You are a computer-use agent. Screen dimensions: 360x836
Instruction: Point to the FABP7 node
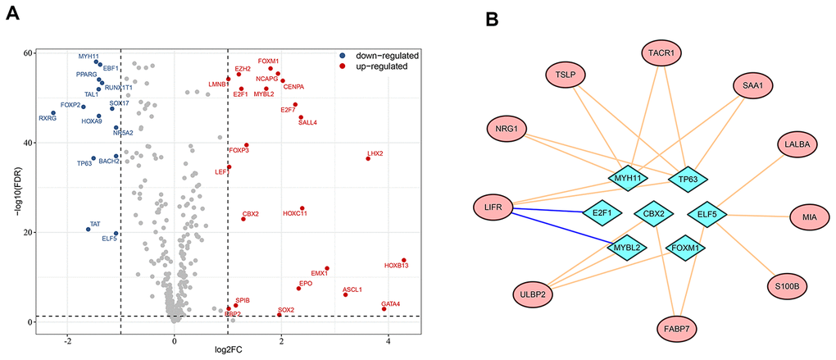click(x=677, y=330)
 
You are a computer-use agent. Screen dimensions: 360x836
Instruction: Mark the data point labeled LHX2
click(x=368, y=158)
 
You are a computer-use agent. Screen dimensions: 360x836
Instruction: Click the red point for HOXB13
click(x=404, y=260)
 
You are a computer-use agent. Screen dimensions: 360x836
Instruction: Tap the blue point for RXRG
click(x=53, y=113)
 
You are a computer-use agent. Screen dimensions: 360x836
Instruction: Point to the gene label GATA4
click(x=391, y=304)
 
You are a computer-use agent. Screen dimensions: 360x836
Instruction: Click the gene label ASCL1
click(x=352, y=289)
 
